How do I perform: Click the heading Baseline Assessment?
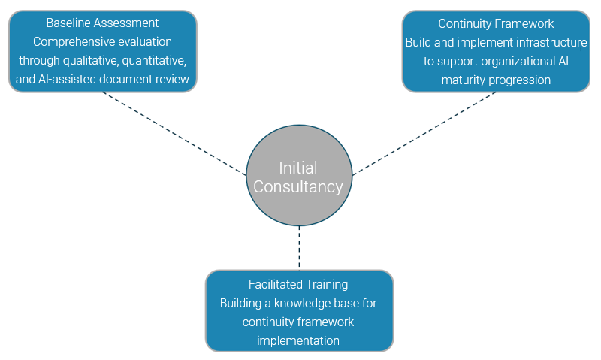[102, 23]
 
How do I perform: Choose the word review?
[173, 80]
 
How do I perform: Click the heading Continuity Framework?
[496, 23]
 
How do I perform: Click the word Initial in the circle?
[298, 168]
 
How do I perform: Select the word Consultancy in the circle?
[298, 187]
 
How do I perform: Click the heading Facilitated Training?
[298, 284]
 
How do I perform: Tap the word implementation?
[298, 340]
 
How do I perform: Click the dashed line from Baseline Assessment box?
[173, 133]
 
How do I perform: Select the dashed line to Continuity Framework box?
[424, 133]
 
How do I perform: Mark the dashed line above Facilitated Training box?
[299, 248]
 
